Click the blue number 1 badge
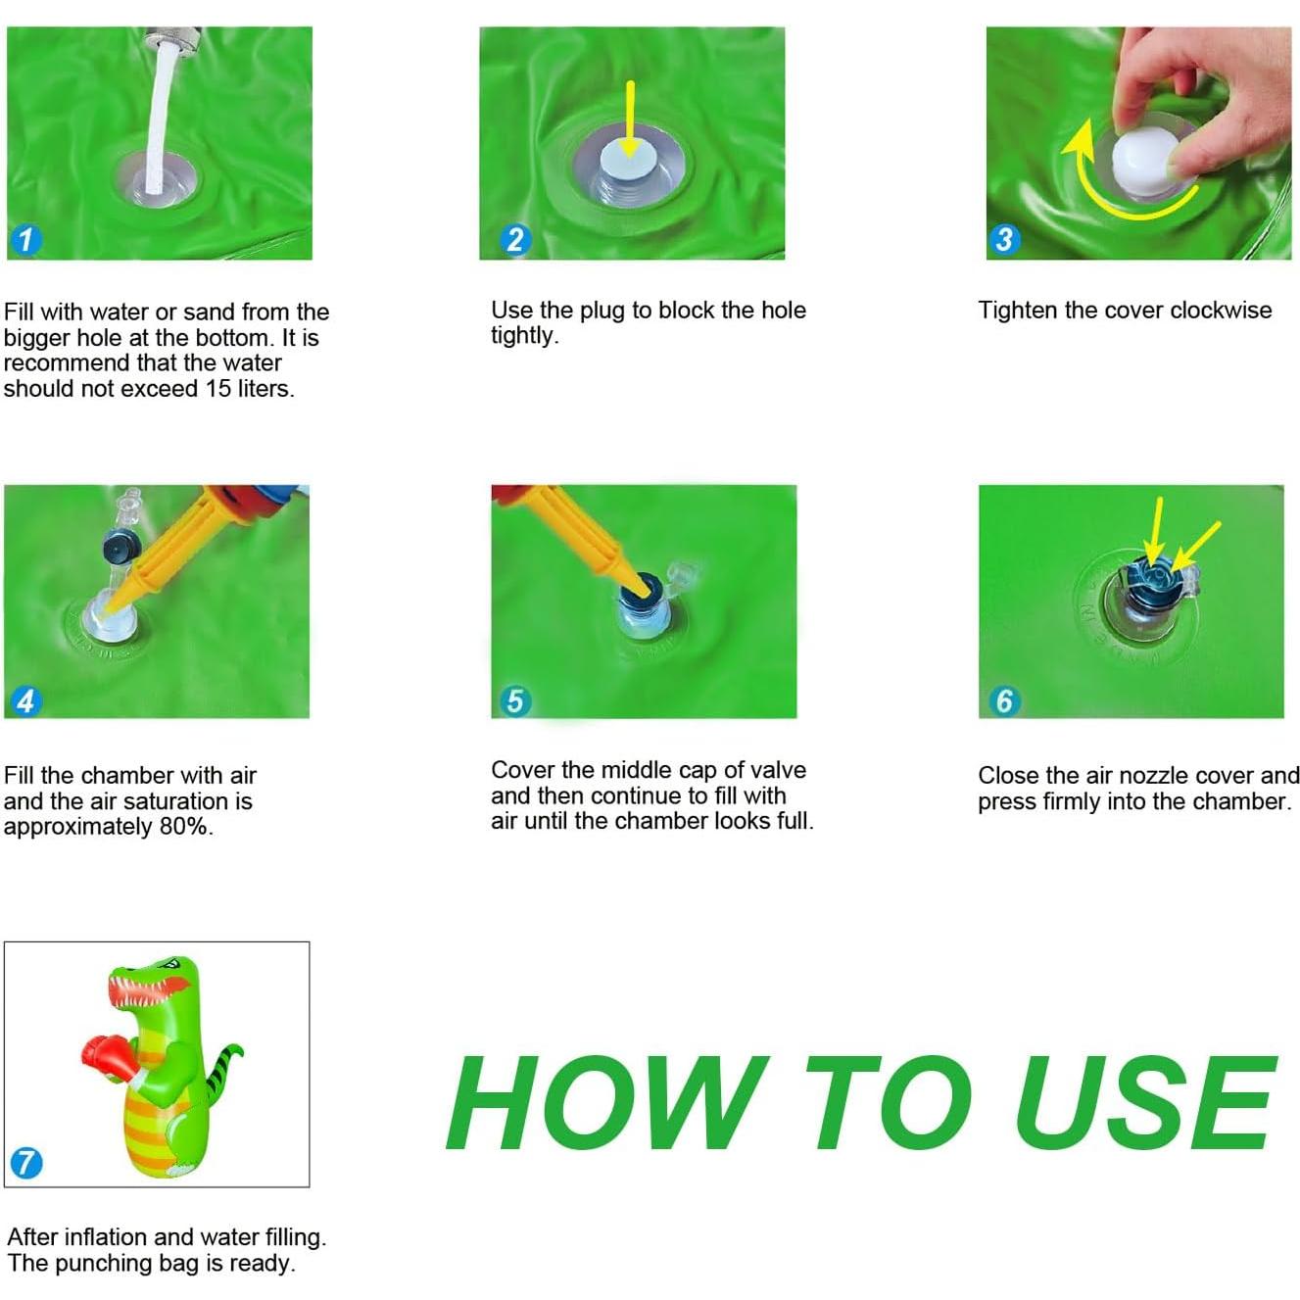25,239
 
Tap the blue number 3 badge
1003,239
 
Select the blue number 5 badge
514,700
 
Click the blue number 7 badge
26,1163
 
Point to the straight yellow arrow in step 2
630,120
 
